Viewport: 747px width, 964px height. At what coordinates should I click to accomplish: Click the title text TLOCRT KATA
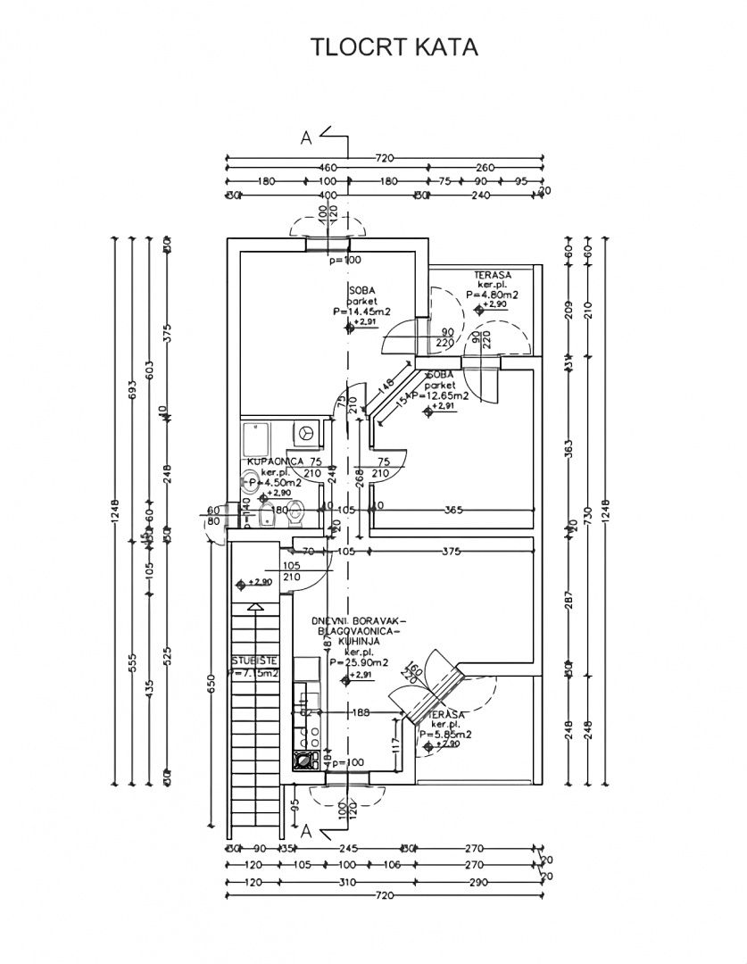(x=394, y=47)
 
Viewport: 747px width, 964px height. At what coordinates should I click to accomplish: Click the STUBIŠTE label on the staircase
(x=254, y=661)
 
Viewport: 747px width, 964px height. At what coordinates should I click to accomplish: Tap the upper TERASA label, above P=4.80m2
(x=492, y=274)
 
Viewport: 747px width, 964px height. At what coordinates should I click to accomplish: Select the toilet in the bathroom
(x=298, y=515)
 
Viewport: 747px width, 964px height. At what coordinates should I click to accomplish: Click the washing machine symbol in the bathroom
(x=306, y=432)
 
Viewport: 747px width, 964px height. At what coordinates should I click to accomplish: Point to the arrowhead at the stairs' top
(x=256, y=607)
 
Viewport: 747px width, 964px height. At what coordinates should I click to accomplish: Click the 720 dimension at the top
(x=384, y=158)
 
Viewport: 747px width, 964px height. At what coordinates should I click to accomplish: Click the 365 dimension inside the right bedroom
(x=453, y=510)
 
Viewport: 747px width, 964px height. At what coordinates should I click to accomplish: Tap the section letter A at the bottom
(x=305, y=831)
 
